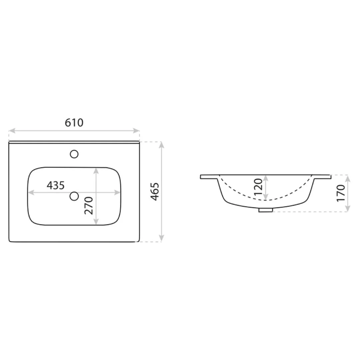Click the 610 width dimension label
coord(74,123)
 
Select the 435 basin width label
coord(56,185)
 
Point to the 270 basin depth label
coord(89,206)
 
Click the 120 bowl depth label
coord(258,187)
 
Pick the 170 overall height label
coord(341,193)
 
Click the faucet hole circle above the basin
coord(74,154)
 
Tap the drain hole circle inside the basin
coord(74,196)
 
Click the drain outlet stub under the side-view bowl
coord(266,210)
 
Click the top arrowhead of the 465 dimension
coord(162,144)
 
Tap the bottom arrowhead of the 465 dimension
coord(162,238)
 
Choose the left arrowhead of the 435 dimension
coord(31,192)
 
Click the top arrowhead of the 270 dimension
coord(96,170)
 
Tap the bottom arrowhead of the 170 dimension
coord(348,209)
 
